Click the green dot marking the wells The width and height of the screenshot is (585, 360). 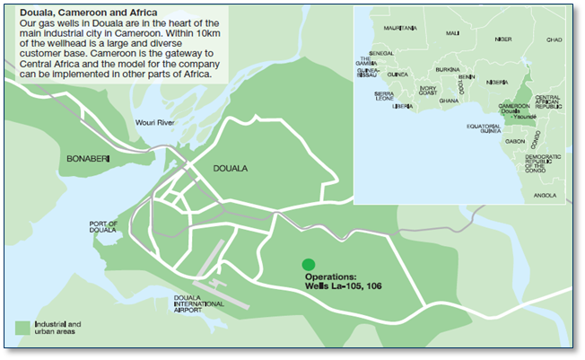pos(309,264)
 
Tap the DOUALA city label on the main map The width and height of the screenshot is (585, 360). pos(231,168)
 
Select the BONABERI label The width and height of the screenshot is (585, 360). pos(87,158)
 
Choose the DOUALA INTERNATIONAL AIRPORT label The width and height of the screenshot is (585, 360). pos(199,304)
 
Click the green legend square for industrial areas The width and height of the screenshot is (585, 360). pos(22,327)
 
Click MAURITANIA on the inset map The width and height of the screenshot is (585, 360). pos(400,28)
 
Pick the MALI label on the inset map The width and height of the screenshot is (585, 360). pos(452,33)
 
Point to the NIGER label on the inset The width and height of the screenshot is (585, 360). pos(502,40)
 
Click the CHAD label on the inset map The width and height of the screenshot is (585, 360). pos(554,40)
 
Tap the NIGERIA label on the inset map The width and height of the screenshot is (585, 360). pos(496,82)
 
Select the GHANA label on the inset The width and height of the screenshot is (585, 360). pos(448,101)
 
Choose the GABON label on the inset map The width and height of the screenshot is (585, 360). pos(515,141)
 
